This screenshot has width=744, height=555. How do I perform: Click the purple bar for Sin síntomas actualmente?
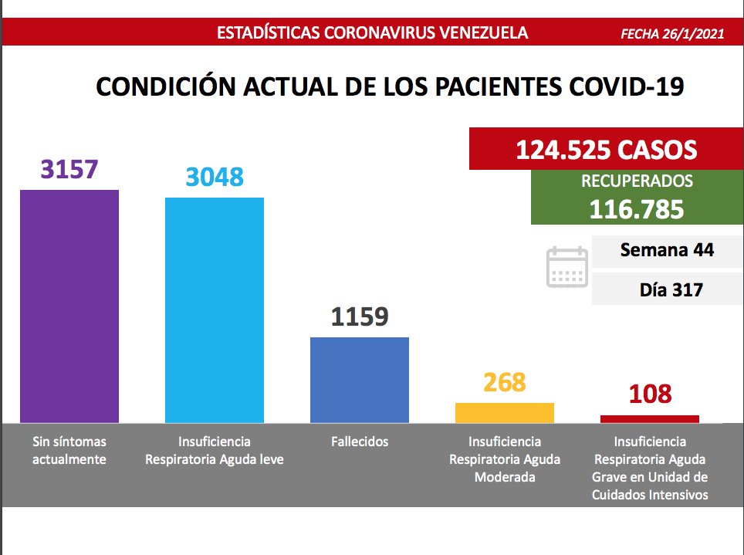point(69,306)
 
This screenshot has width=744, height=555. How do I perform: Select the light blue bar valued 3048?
point(215,310)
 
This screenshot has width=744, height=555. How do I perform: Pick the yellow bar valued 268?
point(505,413)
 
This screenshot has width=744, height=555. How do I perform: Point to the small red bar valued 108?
point(650,419)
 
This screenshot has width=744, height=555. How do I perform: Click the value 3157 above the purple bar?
point(69,169)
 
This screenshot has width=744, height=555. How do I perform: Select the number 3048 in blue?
point(215,177)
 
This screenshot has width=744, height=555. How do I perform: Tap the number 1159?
point(360,316)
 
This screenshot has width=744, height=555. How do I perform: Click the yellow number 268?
point(505,382)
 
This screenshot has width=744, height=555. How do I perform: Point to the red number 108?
point(650,395)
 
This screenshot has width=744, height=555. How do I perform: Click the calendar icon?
point(567,267)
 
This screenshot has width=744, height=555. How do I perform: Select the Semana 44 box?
point(667,250)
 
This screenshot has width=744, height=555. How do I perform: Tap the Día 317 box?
point(667,290)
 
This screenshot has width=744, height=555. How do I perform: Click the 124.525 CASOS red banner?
point(606,149)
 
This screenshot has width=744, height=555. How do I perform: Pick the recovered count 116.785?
point(636,208)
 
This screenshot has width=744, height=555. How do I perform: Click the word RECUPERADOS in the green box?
point(636,182)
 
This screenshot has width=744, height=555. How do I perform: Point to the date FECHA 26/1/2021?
point(672,34)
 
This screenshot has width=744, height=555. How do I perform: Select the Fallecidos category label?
point(360,442)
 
